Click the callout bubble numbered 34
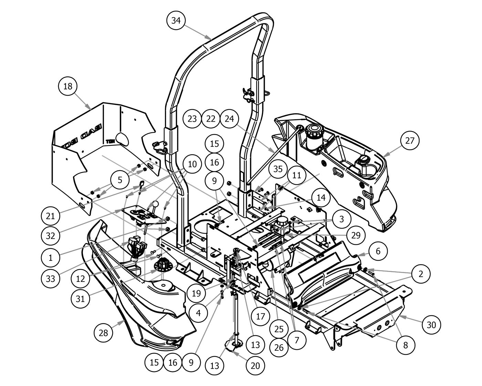click(x=176, y=20)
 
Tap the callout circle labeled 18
click(x=68, y=86)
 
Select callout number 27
click(x=410, y=141)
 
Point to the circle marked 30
click(x=431, y=325)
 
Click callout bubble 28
click(x=103, y=333)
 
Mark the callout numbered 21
click(x=50, y=216)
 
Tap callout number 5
click(x=120, y=180)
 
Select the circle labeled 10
click(x=192, y=164)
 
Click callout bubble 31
click(x=80, y=298)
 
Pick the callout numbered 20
click(x=255, y=365)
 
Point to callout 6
click(x=378, y=251)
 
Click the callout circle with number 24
click(x=229, y=119)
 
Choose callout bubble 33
click(x=50, y=278)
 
